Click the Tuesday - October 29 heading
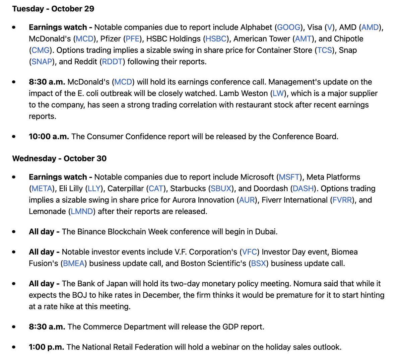tap(53, 9)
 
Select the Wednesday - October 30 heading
tap(59, 158)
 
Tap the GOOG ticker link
tap(288, 27)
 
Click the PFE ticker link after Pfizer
tap(133, 39)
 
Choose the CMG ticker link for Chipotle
tap(41, 50)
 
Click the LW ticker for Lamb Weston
tap(278, 93)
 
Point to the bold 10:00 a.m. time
tap(49, 137)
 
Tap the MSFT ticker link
tap(289, 177)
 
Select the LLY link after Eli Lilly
tap(94, 189)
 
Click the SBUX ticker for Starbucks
tap(221, 189)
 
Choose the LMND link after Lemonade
tap(82, 211)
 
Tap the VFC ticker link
tap(249, 252)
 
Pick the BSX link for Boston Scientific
tap(258, 263)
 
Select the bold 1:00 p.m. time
tap(46, 347)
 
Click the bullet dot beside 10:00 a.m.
tap(14, 137)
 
